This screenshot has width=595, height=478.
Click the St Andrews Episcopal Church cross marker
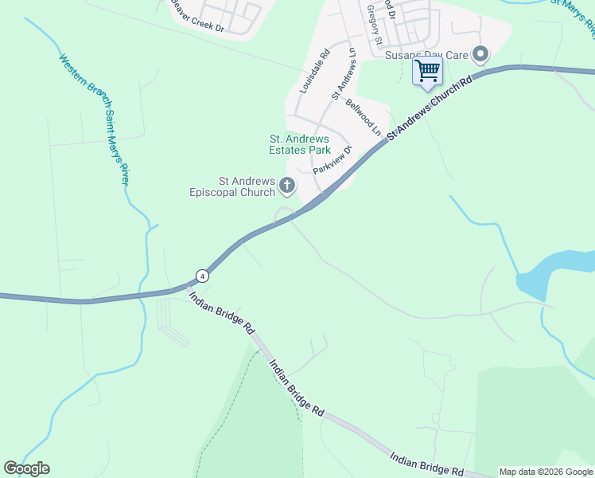pyautogui.click(x=286, y=186)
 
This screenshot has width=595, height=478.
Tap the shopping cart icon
pyautogui.click(x=427, y=70)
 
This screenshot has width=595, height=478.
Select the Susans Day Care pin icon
pyautogui.click(x=480, y=54)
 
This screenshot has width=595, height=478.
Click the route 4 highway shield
pyautogui.click(x=203, y=276)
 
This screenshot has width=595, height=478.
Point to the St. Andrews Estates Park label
pyautogui.click(x=298, y=144)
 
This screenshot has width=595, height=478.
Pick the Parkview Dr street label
pyautogui.click(x=332, y=160)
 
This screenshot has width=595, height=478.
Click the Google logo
pyautogui.click(x=26, y=468)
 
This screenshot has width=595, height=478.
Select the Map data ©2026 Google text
pyautogui.click(x=546, y=472)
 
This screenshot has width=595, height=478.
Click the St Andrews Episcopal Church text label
pyautogui.click(x=231, y=186)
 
